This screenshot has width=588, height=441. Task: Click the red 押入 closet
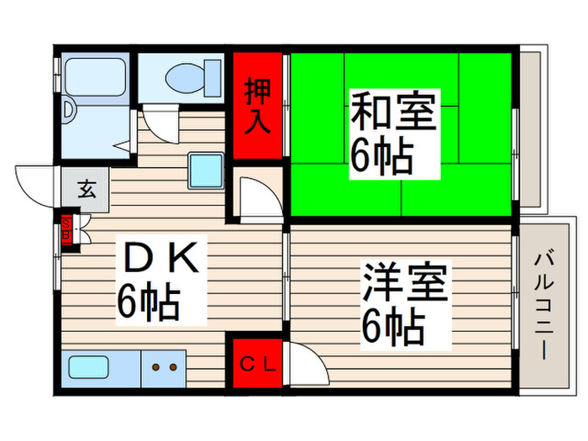258,106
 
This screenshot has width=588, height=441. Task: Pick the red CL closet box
257,364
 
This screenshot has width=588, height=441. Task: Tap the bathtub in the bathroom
95,75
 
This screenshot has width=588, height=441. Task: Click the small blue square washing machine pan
204,171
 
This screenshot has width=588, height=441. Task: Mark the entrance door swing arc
34,185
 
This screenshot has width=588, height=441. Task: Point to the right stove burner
175,367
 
